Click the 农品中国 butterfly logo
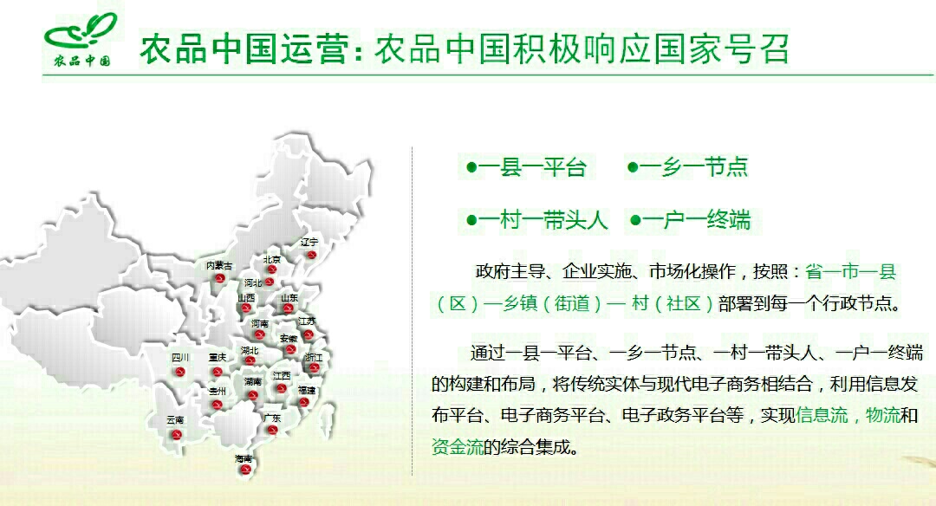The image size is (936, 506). pyautogui.click(x=81, y=40)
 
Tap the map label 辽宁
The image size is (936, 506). pyautogui.click(x=309, y=243)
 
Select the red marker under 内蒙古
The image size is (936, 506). pyautogui.click(x=219, y=278)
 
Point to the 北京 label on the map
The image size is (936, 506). pyautogui.click(x=272, y=260)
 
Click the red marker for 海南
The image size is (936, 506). pyautogui.click(x=244, y=470)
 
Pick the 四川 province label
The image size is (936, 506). pyautogui.click(x=180, y=358)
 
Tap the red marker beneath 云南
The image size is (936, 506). pyautogui.click(x=176, y=434)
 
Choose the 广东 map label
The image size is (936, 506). pyautogui.click(x=272, y=418)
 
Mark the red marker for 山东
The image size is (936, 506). pyautogui.click(x=289, y=308)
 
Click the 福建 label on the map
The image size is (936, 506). pyautogui.click(x=307, y=390)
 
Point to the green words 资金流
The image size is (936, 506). pyautogui.click(x=458, y=446)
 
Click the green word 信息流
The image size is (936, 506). pyautogui.click(x=822, y=415)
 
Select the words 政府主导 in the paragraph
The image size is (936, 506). pyautogui.click(x=510, y=271)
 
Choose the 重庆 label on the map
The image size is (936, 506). pyautogui.click(x=218, y=358)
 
